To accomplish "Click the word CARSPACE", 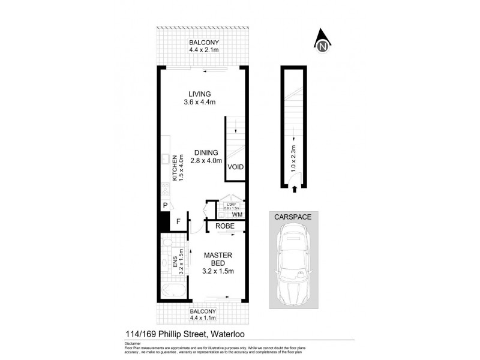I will tap(293, 217).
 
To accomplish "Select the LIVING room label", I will tap(199, 94).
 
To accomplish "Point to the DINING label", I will tap(206, 152).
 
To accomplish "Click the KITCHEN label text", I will tap(175, 167).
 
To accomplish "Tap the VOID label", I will tap(236, 167).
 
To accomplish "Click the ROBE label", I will tap(225, 226).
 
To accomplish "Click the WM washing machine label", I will tap(236, 214).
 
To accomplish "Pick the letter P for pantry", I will tap(164, 205).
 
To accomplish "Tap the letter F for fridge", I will tap(178, 221).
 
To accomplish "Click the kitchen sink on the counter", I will tap(164, 160).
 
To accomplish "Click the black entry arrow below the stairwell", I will tap(293, 189).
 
